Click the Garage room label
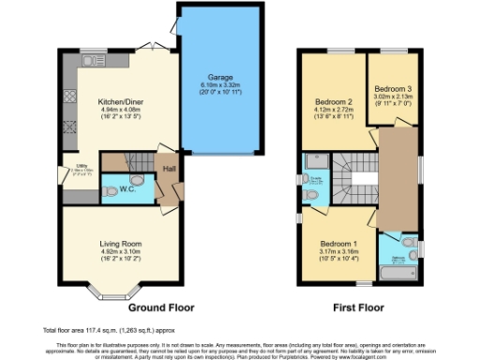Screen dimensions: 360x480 pyautogui.click(x=220, y=77)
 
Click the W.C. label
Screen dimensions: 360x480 pyautogui.click(x=126, y=187)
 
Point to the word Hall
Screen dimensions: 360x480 pyautogui.click(x=170, y=169)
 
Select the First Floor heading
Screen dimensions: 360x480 pyautogui.click(x=360, y=307)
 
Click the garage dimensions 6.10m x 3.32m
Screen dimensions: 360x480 pyautogui.click(x=220, y=85)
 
